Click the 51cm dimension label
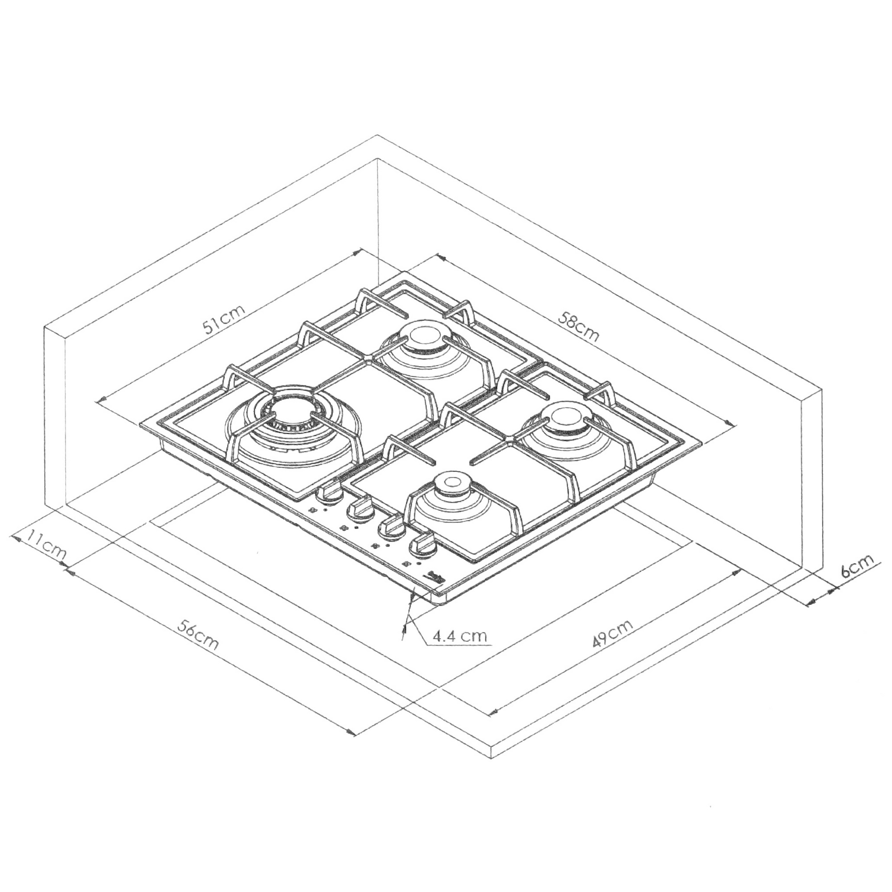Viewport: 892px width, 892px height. [224, 319]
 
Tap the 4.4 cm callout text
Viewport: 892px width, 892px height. [459, 637]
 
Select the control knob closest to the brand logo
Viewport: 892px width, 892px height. [421, 545]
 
